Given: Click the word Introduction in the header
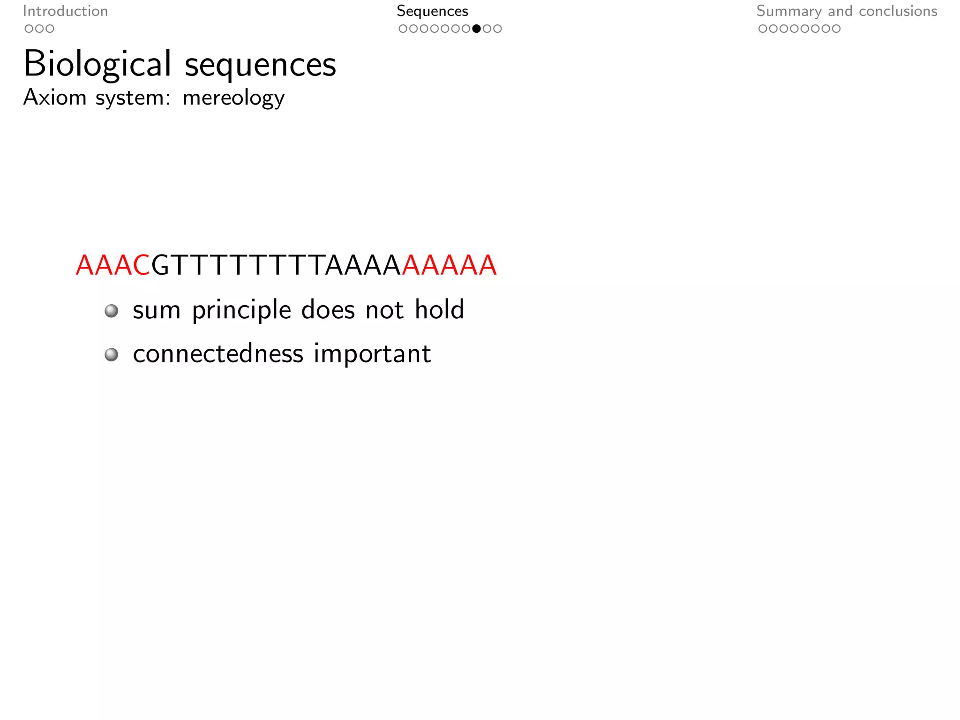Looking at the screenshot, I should [65, 11].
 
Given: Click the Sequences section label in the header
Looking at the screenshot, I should [432, 11].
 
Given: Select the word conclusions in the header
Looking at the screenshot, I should [898, 11].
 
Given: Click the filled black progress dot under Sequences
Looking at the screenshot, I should [476, 29].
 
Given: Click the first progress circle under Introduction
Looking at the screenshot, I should [29, 29].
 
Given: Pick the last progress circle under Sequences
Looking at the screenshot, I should [497, 29].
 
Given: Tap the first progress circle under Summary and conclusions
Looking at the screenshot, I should [763, 29].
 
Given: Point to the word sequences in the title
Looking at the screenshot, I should [260, 65].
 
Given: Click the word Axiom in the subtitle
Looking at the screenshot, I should [55, 97].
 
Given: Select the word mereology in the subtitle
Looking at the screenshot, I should [233, 98].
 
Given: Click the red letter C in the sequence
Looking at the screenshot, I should [142, 265].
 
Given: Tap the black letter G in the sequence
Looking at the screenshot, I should [160, 265].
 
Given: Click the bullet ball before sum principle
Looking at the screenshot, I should [111, 310].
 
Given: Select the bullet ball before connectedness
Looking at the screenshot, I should [111, 354].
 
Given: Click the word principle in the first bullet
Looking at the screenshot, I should [241, 310].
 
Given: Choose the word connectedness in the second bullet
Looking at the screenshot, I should [218, 353].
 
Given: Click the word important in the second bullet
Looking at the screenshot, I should [372, 354].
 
